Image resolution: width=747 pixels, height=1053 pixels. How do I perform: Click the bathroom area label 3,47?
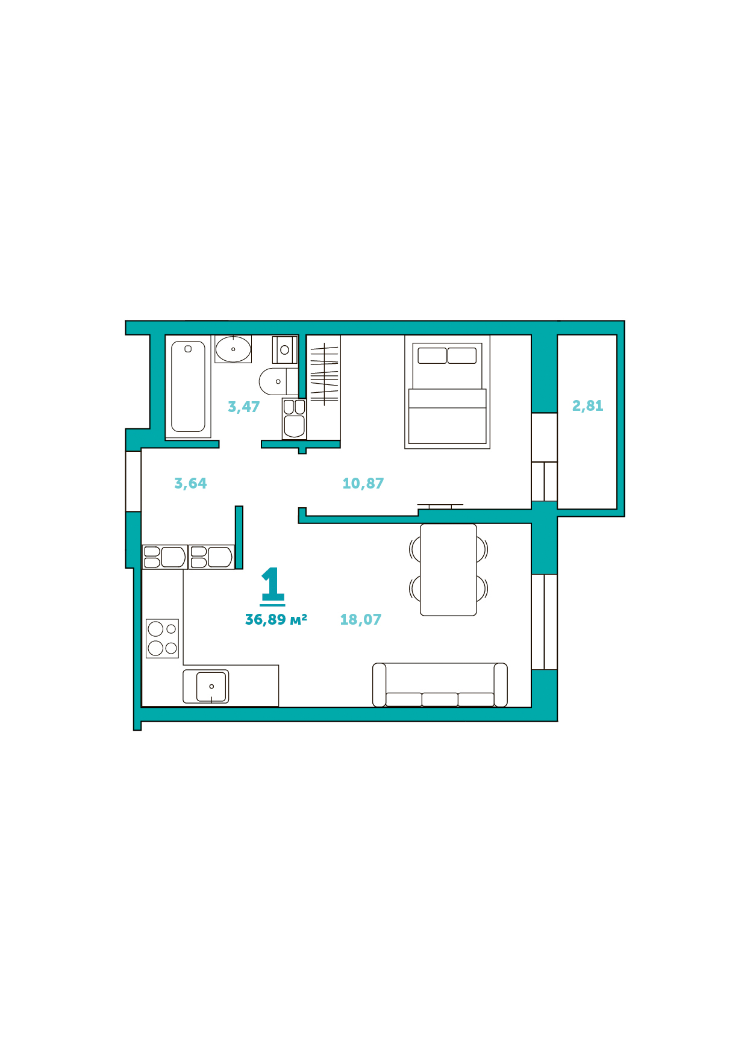pyautogui.click(x=243, y=407)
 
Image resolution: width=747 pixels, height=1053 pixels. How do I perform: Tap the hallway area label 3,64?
pyautogui.click(x=190, y=484)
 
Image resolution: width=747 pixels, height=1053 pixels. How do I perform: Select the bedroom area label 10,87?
pyautogui.click(x=363, y=484)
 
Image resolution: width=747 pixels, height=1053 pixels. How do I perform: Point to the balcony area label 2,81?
pyautogui.click(x=587, y=406)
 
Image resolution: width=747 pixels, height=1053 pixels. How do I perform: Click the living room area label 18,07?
pyautogui.click(x=361, y=620)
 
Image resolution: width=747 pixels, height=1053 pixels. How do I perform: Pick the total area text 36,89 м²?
pyautogui.click(x=276, y=620)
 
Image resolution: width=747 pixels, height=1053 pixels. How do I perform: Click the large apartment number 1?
pyautogui.click(x=272, y=585)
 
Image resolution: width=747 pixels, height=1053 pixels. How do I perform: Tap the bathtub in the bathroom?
pyautogui.click(x=188, y=387)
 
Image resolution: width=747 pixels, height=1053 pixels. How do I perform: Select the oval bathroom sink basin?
pyautogui.click(x=233, y=349)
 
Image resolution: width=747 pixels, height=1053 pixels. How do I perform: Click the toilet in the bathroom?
pyautogui.click(x=278, y=381)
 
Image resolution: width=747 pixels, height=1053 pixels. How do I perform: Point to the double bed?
pyautogui.click(x=447, y=392)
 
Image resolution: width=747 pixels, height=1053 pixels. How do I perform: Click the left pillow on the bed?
pyautogui.click(x=432, y=355)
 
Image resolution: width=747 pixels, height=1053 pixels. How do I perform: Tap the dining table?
pyautogui.click(x=448, y=570)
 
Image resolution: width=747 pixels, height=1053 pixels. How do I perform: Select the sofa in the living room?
pyautogui.click(x=440, y=685)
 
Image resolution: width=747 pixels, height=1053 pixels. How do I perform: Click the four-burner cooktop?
pyautogui.click(x=163, y=639)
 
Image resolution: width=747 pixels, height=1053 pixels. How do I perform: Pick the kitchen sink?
pyautogui.click(x=211, y=687)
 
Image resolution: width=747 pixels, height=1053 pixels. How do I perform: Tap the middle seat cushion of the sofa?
pyautogui.click(x=440, y=699)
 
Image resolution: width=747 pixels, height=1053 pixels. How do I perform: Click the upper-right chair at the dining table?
pyautogui.click(x=483, y=549)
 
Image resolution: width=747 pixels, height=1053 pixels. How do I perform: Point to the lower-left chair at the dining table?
pyautogui.click(x=414, y=588)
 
